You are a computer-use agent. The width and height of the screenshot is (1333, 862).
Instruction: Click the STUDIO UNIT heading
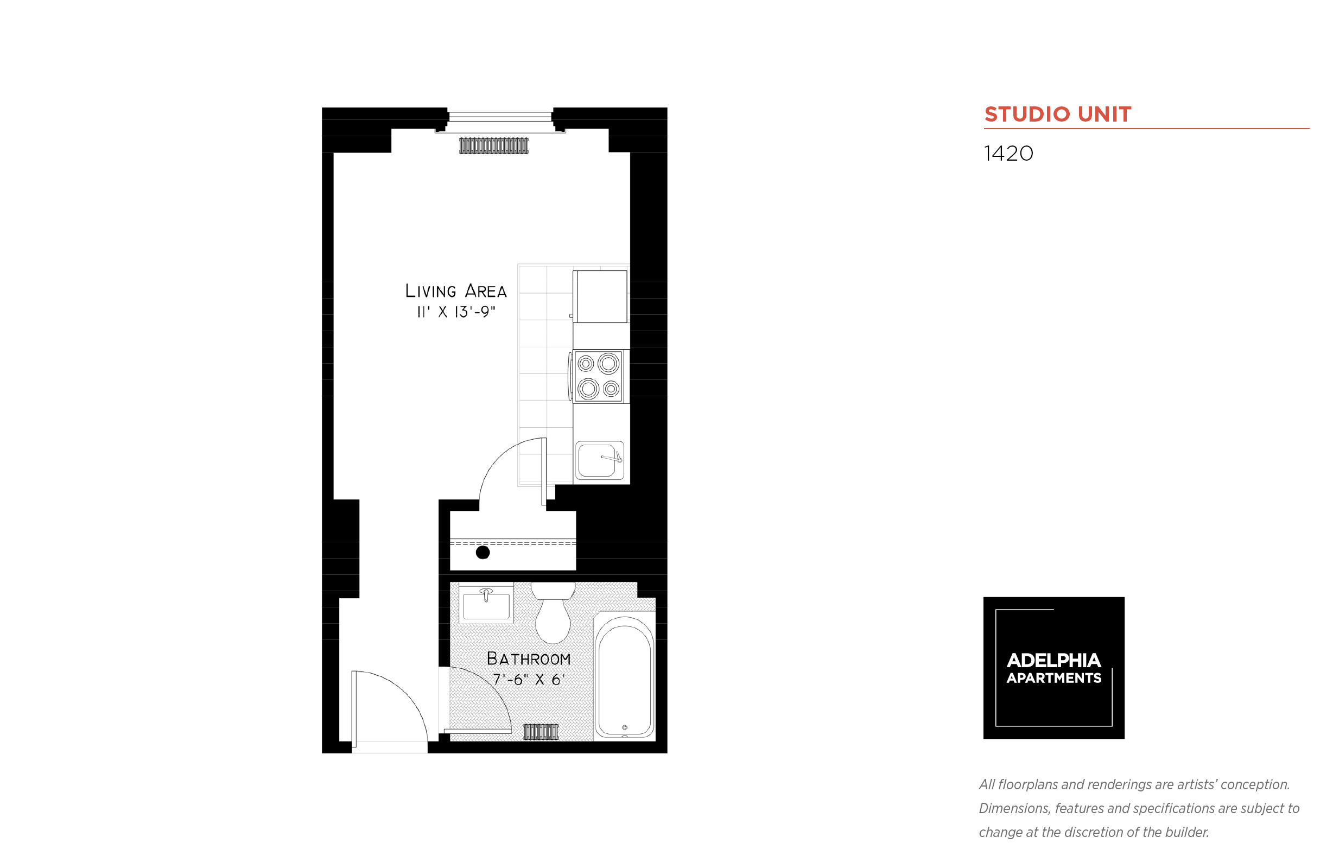pos(1057,114)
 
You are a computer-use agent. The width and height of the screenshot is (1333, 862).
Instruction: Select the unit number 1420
pos(1008,154)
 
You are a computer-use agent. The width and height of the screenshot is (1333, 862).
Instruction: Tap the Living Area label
pos(456,290)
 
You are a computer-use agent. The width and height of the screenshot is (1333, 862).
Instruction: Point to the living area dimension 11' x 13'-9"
pos(456,312)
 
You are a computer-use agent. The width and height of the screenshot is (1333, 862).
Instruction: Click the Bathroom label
pos(528,658)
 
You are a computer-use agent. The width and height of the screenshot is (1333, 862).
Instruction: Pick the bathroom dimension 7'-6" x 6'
pos(528,679)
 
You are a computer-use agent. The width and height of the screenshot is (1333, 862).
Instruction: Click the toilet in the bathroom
pos(553,612)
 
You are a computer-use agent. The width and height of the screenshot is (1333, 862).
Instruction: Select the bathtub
pos(625,676)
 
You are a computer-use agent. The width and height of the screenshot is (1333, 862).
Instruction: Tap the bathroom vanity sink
pos(486,603)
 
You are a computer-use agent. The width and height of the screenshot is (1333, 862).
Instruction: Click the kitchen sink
pos(599,460)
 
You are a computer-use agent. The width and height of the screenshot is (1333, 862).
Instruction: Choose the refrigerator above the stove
pos(600,297)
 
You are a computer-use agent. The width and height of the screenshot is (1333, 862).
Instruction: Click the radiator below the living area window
pos(493,145)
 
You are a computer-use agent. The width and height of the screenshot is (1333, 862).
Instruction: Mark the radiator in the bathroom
pos(541,732)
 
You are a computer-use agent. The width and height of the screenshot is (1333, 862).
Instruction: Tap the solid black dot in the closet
pos(483,553)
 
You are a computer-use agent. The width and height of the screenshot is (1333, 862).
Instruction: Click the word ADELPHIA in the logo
pos(1053,661)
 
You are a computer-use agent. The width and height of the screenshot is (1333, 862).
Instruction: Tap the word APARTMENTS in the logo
pos(1053,678)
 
